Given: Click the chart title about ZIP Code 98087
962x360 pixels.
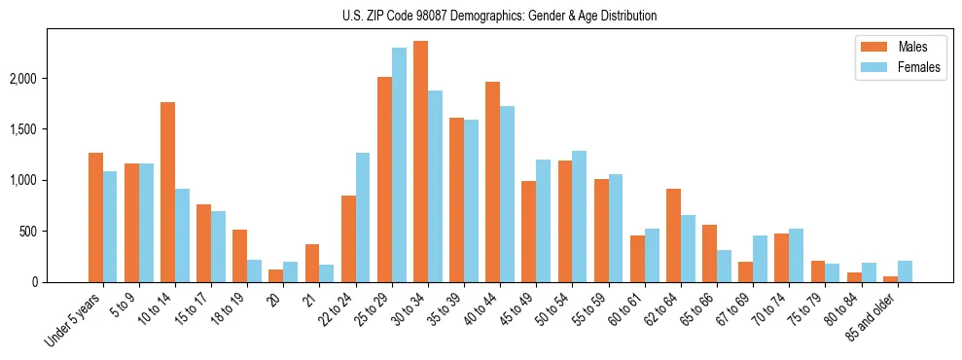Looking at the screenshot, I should tap(499, 16).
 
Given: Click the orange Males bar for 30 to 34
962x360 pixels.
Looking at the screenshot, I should tap(420, 162).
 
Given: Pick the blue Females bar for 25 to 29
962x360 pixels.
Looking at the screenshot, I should tap(399, 165).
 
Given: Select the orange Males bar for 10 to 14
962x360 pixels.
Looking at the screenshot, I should tap(167, 192).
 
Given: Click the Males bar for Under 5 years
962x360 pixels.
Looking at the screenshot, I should tap(95, 217).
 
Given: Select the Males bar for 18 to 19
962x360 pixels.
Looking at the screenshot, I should tap(239, 256).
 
